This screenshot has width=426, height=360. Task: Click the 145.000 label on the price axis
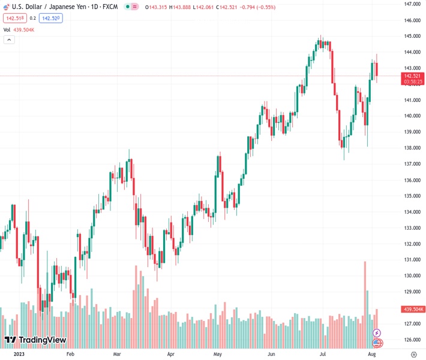pos(412,36)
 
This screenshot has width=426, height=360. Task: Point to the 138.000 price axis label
pos(412,148)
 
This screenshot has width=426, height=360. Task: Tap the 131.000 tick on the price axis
pos(412,260)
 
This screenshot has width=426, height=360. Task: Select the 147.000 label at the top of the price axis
pos(412,4)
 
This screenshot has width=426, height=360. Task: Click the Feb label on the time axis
pos(71,355)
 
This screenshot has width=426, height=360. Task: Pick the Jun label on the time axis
pos(271,355)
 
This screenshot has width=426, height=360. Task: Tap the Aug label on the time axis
pos(371,355)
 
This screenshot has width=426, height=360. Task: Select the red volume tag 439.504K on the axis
pos(413,309)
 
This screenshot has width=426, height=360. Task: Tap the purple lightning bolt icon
pos(377,333)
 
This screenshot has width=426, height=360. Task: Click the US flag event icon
pos(377,343)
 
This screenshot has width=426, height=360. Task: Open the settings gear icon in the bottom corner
pos(413,355)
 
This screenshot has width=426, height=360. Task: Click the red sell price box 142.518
pos(14,18)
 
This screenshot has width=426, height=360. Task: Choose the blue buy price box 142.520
pos(50,18)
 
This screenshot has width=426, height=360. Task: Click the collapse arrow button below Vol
pos(9,40)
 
